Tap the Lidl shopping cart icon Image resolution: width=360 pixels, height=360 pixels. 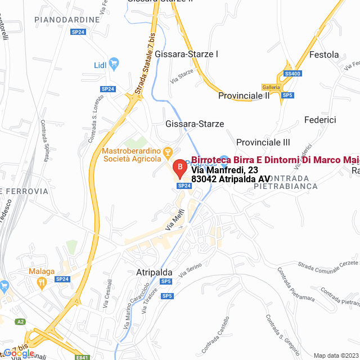point(114,63)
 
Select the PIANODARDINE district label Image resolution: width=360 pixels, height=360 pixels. point(67,20)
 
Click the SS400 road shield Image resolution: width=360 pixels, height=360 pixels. point(292,74)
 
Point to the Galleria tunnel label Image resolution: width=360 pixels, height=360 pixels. point(271,87)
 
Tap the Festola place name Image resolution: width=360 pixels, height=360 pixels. point(325,55)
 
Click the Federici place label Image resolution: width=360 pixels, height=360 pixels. point(319,120)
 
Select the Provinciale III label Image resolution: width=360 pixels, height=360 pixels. point(263,142)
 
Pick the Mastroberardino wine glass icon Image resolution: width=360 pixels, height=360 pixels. point(167,152)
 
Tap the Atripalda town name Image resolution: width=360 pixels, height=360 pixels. point(154,272)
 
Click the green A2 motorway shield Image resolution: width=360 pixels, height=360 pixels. point(21,321)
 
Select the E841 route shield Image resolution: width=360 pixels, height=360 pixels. point(82,357)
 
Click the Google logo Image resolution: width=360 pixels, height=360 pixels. point(19,353)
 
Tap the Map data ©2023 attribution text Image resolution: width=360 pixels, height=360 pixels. point(335,355)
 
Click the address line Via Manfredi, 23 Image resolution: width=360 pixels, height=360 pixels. point(224,170)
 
